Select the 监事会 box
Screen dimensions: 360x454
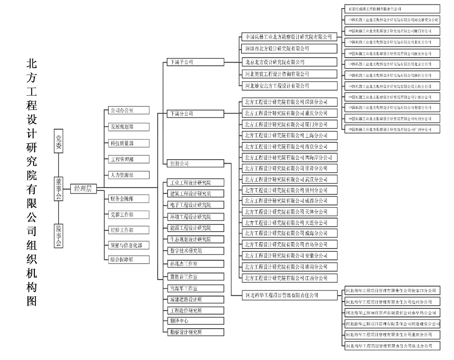pos(58,235)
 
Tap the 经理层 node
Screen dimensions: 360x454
pos(83,189)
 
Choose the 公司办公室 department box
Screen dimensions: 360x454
pos(129,110)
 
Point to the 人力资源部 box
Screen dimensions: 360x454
pos(129,174)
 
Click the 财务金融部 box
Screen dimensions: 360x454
pos(129,198)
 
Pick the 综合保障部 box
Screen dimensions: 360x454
pos(129,260)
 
